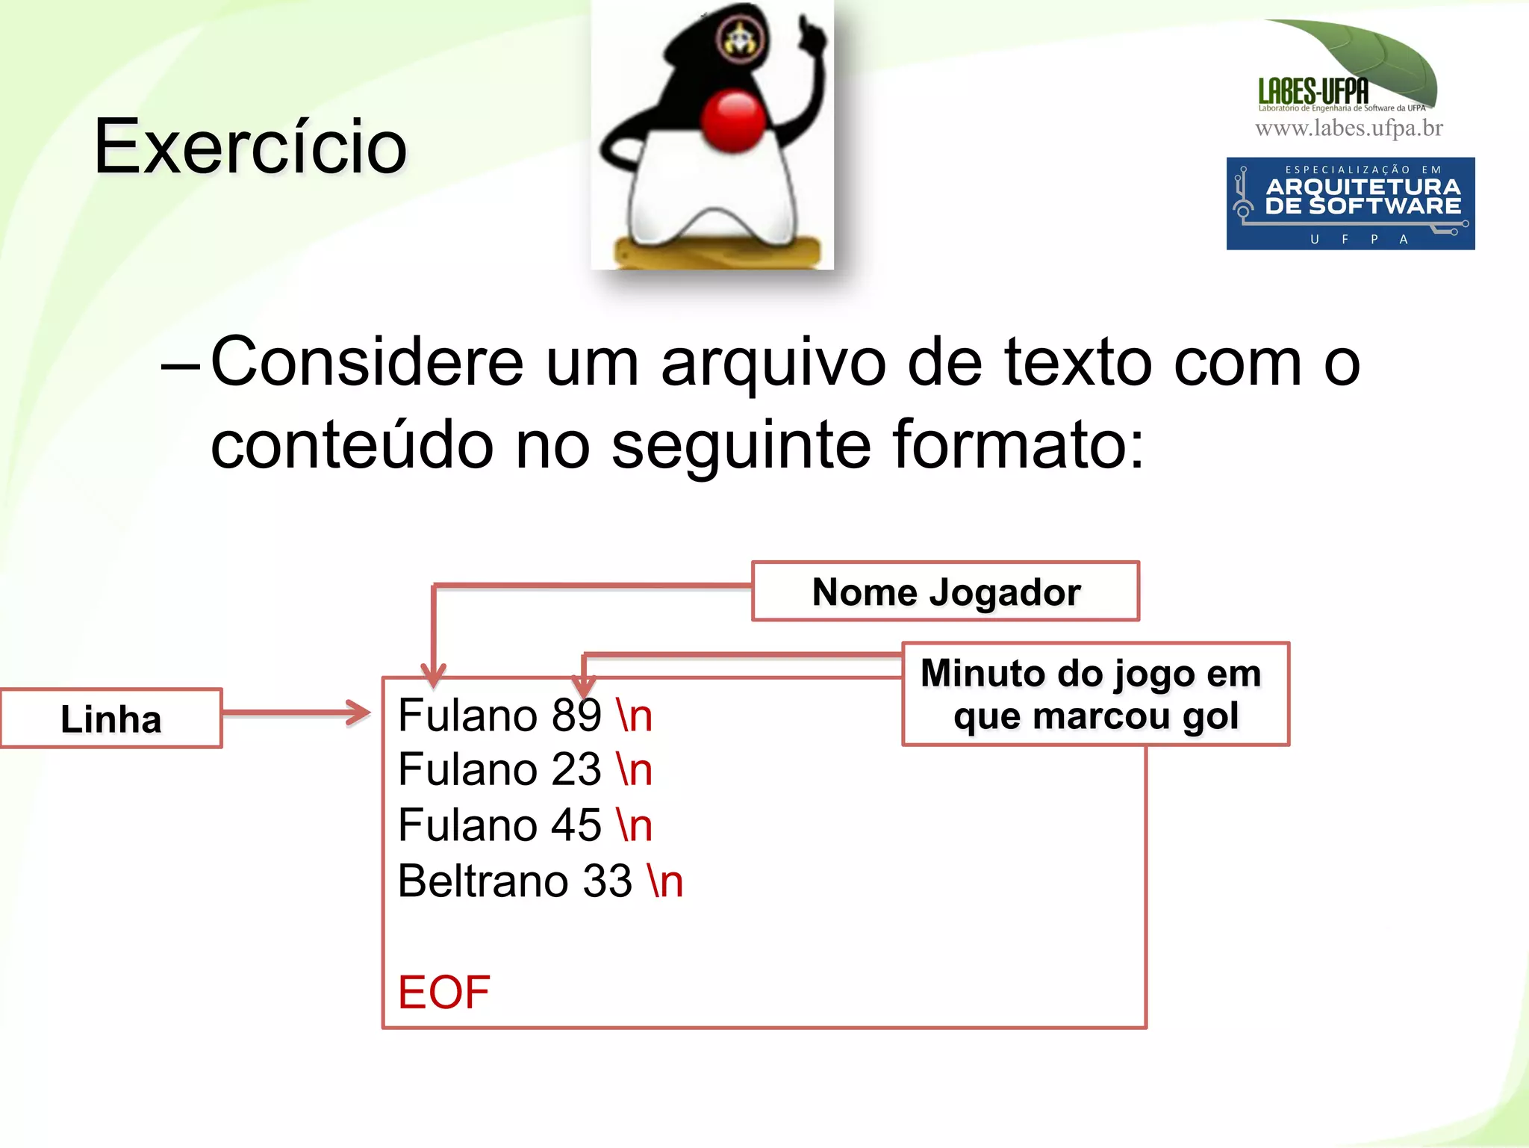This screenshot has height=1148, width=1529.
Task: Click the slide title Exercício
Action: (250, 147)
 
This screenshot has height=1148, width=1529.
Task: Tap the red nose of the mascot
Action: (733, 120)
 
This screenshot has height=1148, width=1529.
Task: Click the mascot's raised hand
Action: (809, 34)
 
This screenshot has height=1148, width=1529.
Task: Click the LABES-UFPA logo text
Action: (1313, 92)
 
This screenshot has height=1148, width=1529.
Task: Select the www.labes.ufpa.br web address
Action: (1348, 128)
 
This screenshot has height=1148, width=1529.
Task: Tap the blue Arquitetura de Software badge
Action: (1350, 203)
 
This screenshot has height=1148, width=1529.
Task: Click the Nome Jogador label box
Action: (945, 592)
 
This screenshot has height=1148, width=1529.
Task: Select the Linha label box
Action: (111, 719)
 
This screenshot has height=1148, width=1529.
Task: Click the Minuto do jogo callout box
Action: (1094, 694)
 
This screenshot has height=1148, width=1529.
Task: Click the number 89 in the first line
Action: (576, 716)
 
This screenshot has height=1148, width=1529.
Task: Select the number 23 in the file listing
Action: (576, 770)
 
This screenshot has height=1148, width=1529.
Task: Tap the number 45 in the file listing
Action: (576, 825)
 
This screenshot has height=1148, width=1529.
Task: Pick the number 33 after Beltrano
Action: (607, 881)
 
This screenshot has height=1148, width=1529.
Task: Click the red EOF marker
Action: (443, 993)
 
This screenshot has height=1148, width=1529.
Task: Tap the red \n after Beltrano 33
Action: (665, 881)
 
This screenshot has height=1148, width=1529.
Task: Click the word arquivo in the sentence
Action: (773, 364)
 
